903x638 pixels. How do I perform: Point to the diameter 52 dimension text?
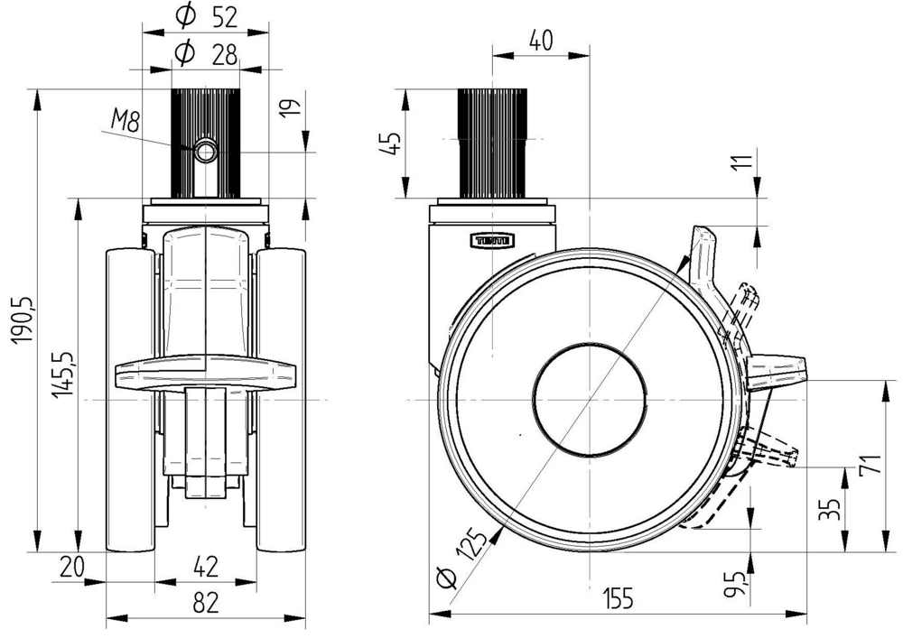206,15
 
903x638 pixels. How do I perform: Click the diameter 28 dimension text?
206,53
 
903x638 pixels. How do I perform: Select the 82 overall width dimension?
206,603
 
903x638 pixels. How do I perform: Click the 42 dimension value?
206,567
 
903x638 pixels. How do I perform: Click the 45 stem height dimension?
390,143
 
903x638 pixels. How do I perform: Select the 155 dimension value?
617,598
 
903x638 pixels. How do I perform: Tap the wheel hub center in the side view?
590,398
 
